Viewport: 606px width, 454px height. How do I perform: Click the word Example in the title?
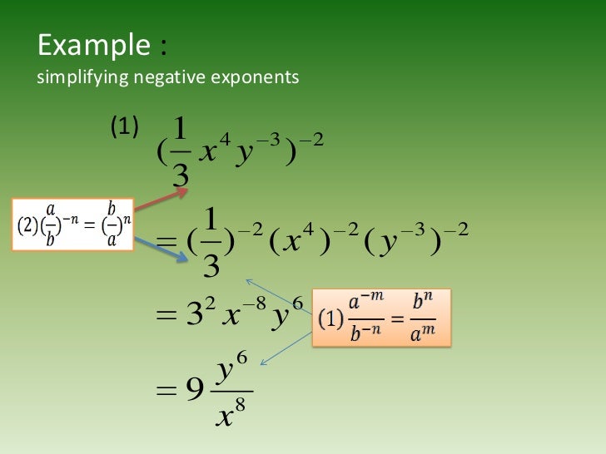pyautogui.click(x=92, y=45)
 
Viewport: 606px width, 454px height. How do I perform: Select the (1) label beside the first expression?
pyautogui.click(x=124, y=127)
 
